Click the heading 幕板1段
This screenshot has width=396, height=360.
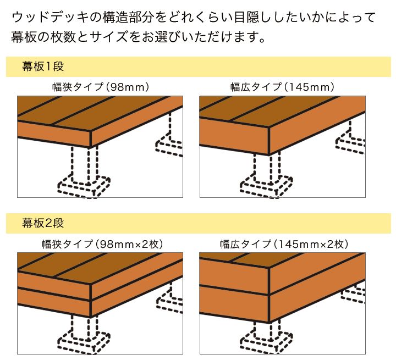(x=43, y=67)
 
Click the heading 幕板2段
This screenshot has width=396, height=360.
(x=43, y=223)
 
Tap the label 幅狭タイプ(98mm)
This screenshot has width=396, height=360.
(x=101, y=87)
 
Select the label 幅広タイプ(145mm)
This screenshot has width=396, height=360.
(x=282, y=87)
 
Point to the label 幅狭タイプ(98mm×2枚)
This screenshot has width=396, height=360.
(x=102, y=244)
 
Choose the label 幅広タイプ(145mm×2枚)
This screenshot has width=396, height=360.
(x=284, y=244)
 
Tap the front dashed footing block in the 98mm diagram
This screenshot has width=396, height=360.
(x=84, y=187)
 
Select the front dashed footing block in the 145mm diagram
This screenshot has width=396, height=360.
(x=266, y=187)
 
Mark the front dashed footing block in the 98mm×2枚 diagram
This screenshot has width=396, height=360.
(x=84, y=342)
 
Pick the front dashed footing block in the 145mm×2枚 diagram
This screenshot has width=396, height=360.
(x=266, y=342)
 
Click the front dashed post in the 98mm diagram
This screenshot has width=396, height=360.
(x=85, y=164)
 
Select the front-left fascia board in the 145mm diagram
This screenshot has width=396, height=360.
(x=234, y=136)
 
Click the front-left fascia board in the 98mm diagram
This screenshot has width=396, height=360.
(x=54, y=134)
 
